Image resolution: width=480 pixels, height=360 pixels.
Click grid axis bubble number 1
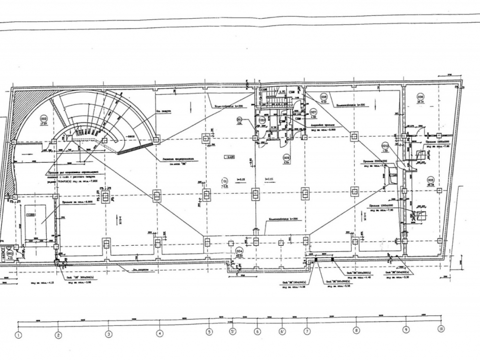(18, 335)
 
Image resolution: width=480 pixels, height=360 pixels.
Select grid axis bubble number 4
(160, 333)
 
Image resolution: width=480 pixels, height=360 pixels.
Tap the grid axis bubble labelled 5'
(233, 332)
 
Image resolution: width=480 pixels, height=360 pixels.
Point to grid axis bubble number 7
(306, 331)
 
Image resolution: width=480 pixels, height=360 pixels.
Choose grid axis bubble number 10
(441, 329)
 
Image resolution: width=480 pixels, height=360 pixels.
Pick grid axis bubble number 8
(356, 330)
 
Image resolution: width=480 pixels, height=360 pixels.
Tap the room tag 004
(240, 250)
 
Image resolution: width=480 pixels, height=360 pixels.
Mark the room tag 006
(421, 95)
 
